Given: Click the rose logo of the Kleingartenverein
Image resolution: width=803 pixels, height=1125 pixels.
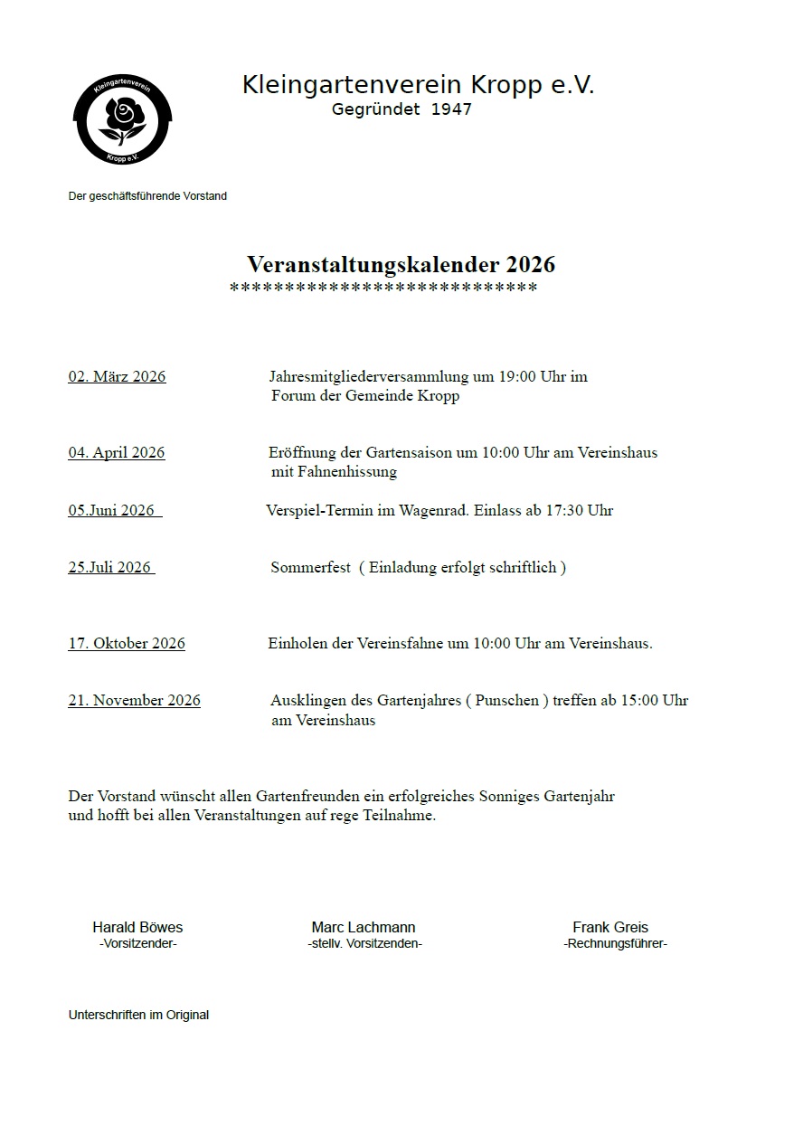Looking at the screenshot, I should coord(122,120).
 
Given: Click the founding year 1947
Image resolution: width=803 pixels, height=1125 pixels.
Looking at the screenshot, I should coord(451,109).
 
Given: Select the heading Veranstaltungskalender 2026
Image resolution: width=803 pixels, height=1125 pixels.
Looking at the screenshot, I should coord(401,265).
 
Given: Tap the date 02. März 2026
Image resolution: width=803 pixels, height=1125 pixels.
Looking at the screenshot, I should coord(117,377).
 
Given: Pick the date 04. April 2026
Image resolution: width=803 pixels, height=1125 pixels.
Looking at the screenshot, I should coord(116,453).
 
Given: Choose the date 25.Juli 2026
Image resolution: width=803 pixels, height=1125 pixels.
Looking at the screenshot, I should coord(109,568).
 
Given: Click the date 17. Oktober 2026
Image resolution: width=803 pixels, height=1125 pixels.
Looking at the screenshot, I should coord(127,644).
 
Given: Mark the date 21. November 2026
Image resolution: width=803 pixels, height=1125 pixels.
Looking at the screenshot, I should coord(134,701).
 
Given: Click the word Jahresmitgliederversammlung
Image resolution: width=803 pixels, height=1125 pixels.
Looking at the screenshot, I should coord(368,377).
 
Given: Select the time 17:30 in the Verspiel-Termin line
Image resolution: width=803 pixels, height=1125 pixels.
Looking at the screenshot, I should coord(563,510).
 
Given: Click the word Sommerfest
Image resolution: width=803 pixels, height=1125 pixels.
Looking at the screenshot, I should coord(310,568).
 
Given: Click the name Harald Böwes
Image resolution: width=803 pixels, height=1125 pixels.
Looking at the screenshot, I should coord(137,928).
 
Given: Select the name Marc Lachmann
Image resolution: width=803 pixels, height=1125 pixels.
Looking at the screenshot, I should coord(364,928).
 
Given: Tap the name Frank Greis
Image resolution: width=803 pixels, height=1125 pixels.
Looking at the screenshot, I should coord(610,928).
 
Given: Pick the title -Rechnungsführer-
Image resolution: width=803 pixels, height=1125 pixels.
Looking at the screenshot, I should coord(615,944).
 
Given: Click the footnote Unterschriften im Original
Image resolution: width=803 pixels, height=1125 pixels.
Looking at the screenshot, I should coord(138,1016).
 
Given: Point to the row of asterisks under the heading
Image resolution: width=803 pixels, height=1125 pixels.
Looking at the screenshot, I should coord(383,288).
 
